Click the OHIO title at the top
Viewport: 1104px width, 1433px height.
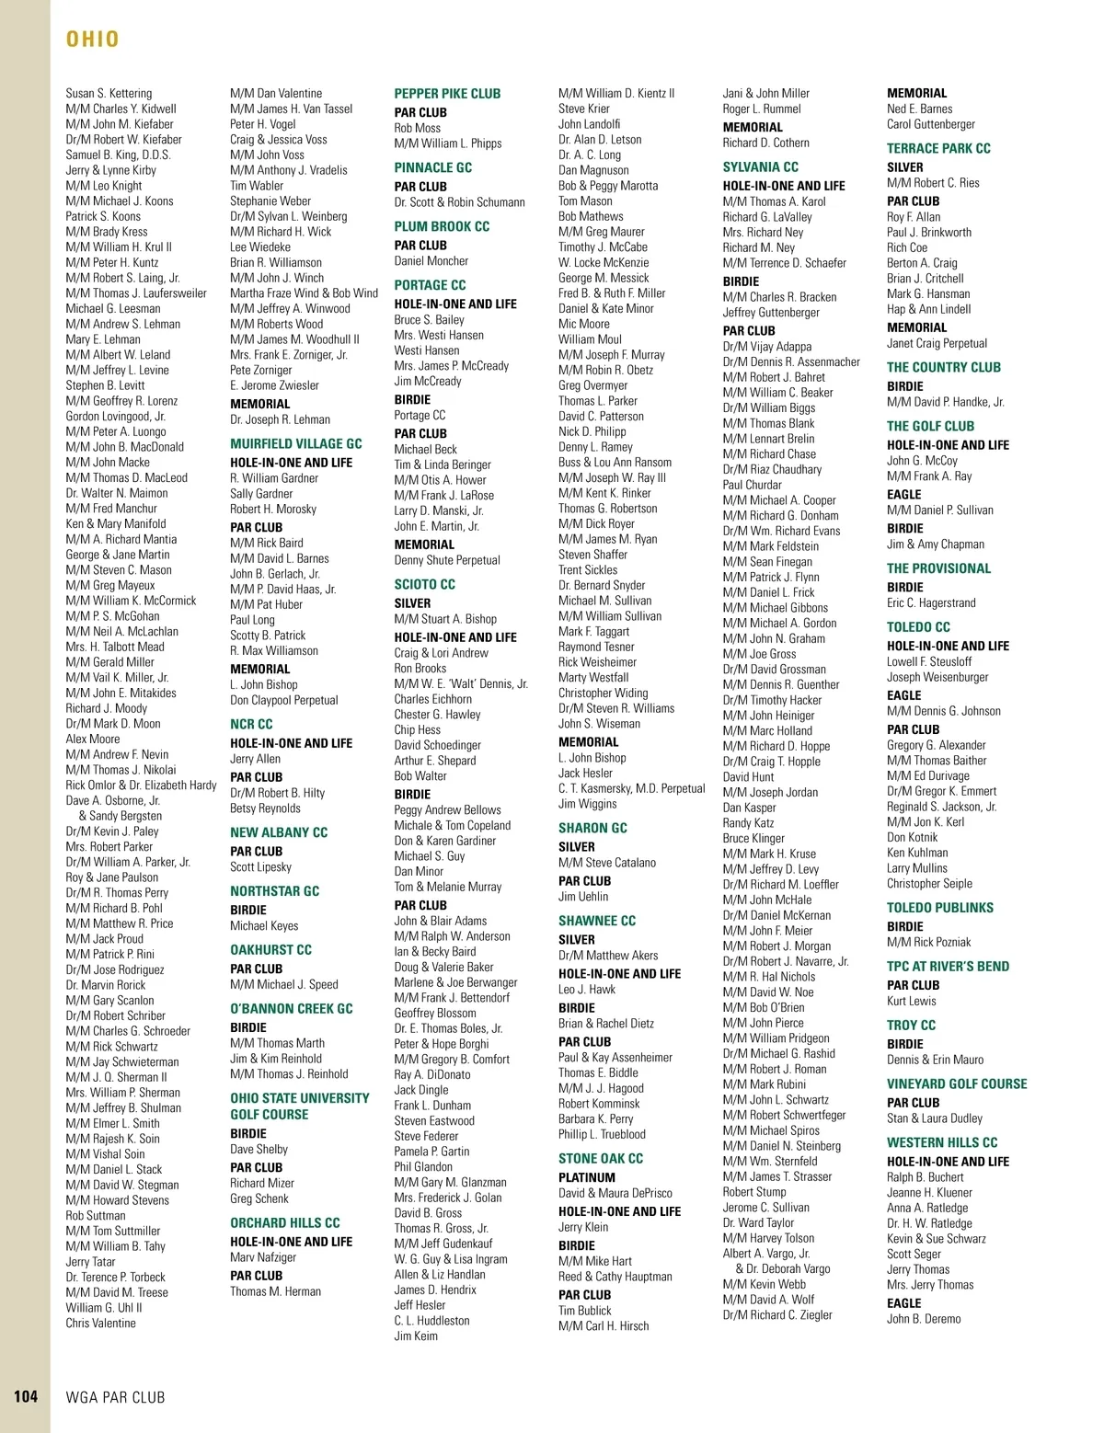(x=93, y=39)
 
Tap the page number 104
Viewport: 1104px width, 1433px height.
(x=26, y=1396)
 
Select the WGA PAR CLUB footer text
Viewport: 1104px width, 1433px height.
(x=116, y=1397)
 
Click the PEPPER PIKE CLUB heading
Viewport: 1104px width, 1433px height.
(x=447, y=94)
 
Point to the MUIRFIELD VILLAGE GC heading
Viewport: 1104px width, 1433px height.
(x=296, y=443)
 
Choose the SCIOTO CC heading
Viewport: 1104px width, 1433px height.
(x=424, y=585)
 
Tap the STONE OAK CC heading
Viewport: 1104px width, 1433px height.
(x=601, y=1159)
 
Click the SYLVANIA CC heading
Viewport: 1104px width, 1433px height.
(x=760, y=167)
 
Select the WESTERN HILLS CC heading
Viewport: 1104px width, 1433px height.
(x=942, y=1142)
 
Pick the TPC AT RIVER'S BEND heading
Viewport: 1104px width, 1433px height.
(x=948, y=967)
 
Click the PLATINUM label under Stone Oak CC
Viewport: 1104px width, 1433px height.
(x=587, y=1177)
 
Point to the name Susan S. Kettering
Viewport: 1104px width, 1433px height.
(x=109, y=94)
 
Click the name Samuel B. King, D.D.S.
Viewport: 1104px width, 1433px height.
(x=118, y=155)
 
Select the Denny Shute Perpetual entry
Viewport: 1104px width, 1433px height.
(x=447, y=560)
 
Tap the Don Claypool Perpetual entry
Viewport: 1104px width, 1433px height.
(x=283, y=700)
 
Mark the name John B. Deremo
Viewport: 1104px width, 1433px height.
(x=924, y=1319)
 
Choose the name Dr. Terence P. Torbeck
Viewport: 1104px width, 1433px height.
(x=115, y=1278)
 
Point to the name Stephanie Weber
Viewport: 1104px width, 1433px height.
(x=270, y=201)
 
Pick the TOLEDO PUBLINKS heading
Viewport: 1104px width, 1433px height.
(x=940, y=908)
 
